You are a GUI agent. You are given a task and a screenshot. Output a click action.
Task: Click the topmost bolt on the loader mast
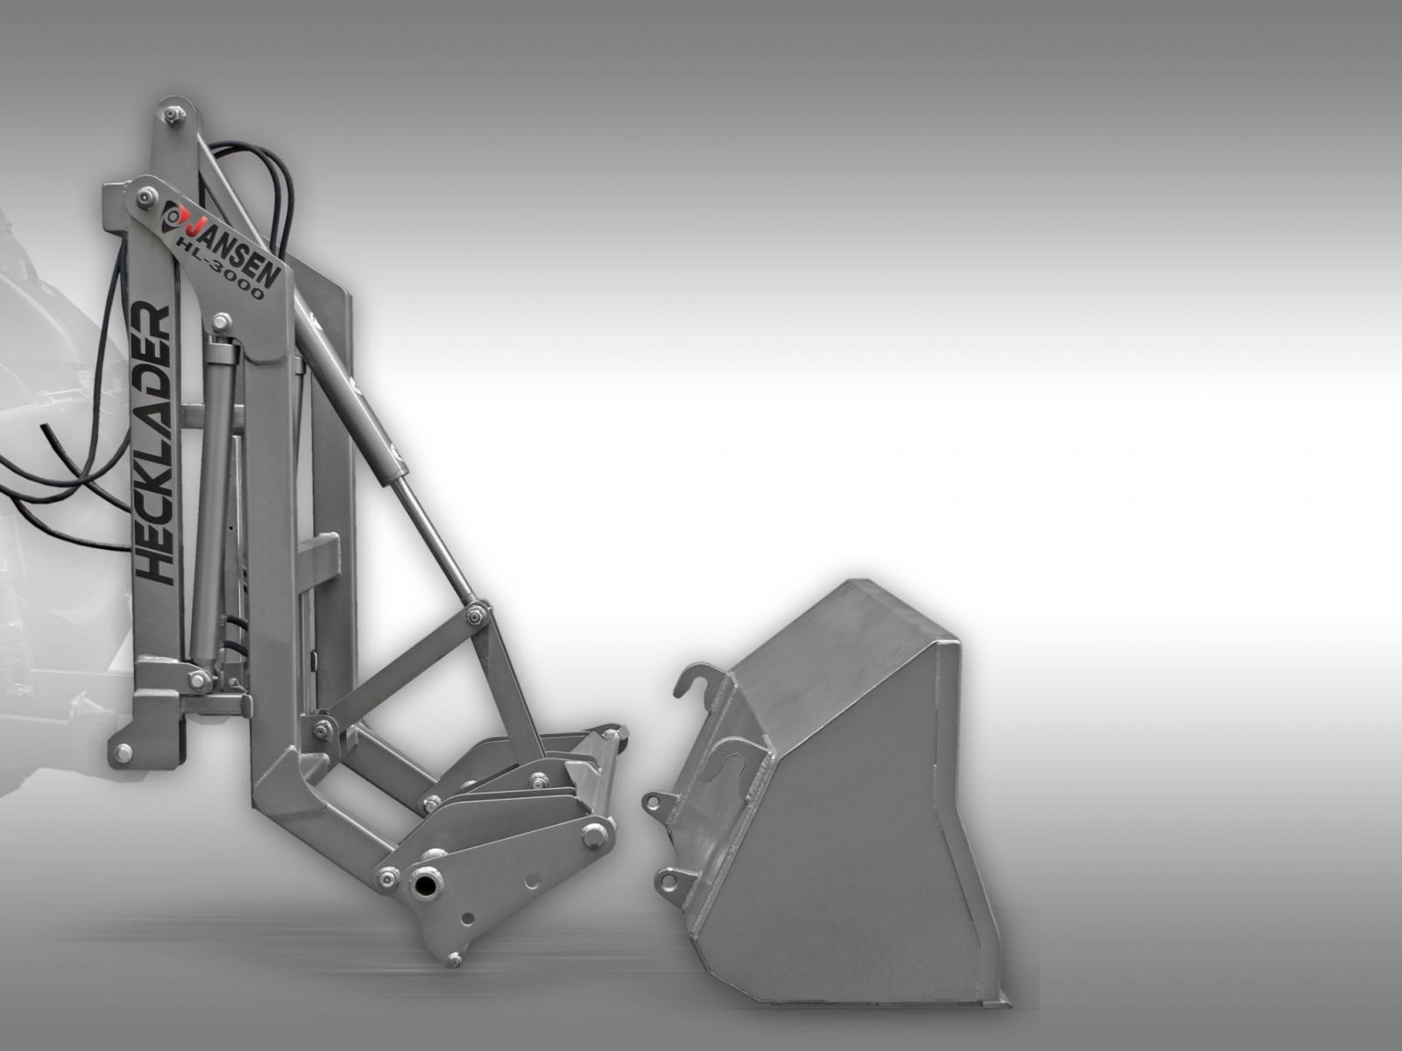(x=172, y=116)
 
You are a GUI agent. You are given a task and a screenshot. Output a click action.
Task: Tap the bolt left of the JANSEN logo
(x=145, y=197)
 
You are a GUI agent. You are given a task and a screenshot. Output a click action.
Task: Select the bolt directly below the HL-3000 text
(x=222, y=321)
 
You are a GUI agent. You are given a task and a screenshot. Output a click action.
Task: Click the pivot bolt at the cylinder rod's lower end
(x=475, y=616)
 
